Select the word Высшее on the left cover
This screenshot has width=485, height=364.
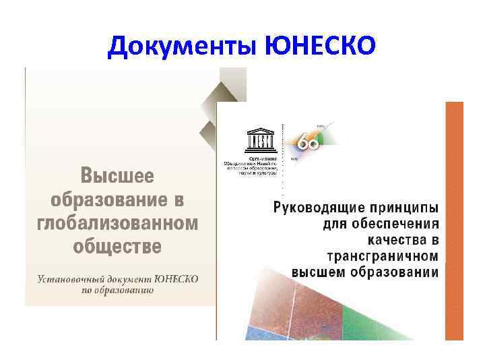pyautogui.click(x=118, y=177)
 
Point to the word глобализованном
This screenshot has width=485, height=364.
pyautogui.click(x=118, y=222)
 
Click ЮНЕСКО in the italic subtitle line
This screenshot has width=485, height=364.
pyautogui.click(x=177, y=279)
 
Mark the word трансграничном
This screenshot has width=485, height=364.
pyautogui.click(x=382, y=255)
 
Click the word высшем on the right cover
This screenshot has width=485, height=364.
pyautogui.click(x=320, y=272)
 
